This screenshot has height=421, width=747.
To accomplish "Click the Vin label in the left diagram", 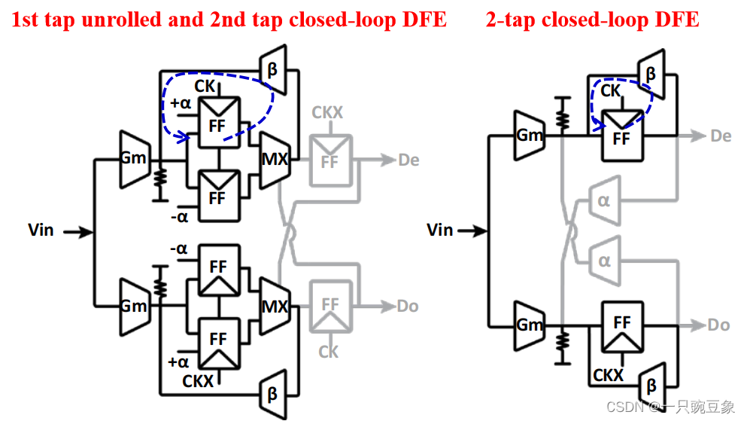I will coord(41,230).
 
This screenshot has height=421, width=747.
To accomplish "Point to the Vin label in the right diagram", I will coord(440,230).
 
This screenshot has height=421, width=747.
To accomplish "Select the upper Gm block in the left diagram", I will coord(134,158).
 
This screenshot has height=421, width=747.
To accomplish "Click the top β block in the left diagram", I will coord(272,70).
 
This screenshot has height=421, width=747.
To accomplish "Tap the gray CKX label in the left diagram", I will coord(327,113).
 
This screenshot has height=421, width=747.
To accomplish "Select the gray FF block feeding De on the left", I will coord(329,160).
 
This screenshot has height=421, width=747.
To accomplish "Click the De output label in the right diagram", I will coord(721,136).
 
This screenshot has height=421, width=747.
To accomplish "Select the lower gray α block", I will coord(603,260).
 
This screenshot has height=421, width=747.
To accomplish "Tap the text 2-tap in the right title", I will coord(513,19).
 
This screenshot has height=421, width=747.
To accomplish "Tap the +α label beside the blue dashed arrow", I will coord(181,104).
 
